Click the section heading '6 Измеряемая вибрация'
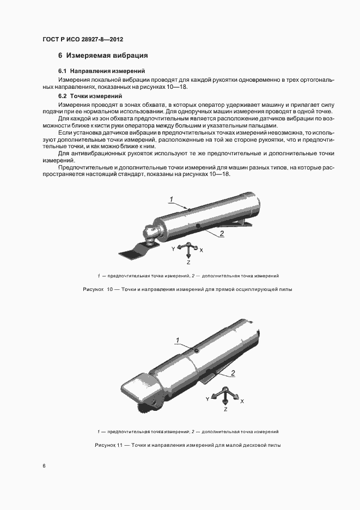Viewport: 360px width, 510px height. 103,56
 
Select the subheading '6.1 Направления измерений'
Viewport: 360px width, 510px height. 101,71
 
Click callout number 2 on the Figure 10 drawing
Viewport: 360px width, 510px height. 222,233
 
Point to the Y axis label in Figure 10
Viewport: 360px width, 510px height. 173,248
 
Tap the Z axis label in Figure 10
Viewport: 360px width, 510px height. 187,260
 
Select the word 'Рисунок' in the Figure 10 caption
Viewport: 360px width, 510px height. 92,289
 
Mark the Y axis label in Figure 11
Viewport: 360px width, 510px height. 208,399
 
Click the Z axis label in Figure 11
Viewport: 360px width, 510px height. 225,409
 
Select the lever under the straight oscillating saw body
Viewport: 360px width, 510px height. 240,221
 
